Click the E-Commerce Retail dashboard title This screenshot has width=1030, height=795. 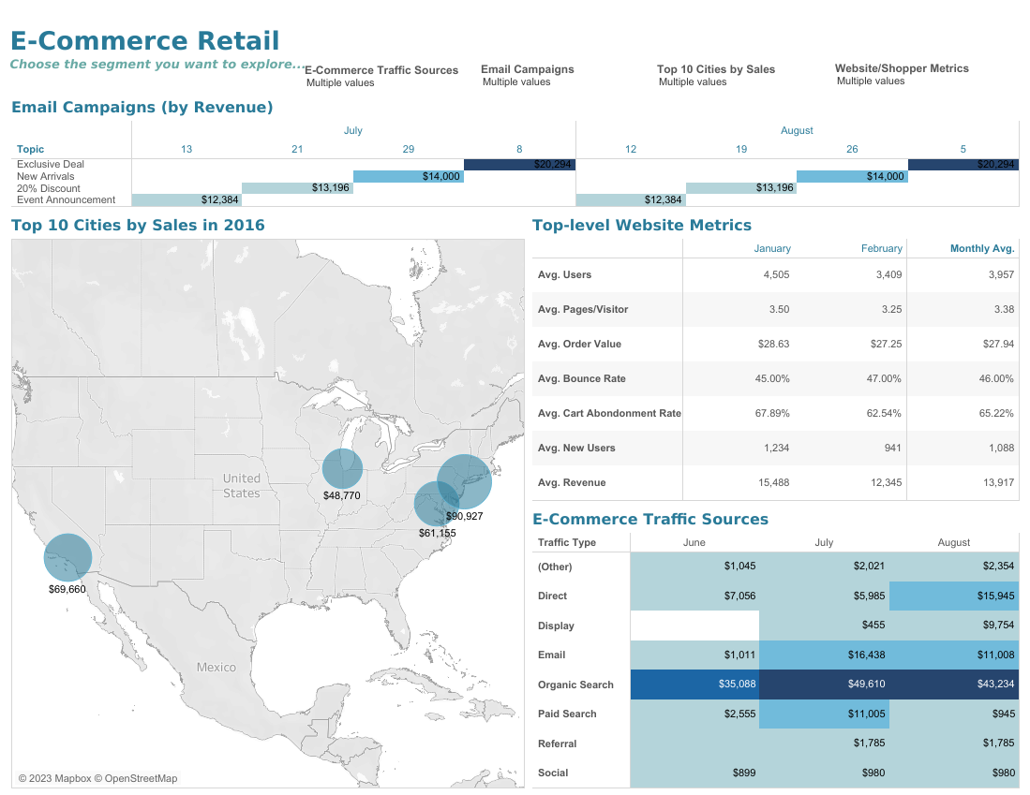click(144, 41)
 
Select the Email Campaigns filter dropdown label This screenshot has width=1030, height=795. click(527, 69)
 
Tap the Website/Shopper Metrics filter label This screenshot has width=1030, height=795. click(902, 68)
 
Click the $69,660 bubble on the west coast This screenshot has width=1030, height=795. click(67, 558)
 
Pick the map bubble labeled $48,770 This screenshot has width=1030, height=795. click(342, 468)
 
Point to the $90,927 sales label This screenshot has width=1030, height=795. click(464, 516)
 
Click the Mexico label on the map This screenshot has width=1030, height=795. click(216, 668)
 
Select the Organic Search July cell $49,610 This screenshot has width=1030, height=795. click(824, 685)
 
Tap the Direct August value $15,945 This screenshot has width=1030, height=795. click(953, 596)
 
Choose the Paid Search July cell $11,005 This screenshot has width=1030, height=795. click(824, 714)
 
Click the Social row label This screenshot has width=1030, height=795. click(553, 773)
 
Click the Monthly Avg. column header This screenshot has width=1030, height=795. click(982, 248)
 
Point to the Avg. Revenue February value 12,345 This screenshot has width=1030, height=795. click(882, 482)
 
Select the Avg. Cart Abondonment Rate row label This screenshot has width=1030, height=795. click(608, 413)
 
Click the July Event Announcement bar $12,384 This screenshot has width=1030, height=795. click(187, 199)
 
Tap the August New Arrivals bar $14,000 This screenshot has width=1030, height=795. click(851, 176)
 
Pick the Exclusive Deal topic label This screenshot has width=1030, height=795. click(50, 164)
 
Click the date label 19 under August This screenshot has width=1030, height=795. click(740, 149)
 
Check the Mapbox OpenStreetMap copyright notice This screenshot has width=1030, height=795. click(97, 778)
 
